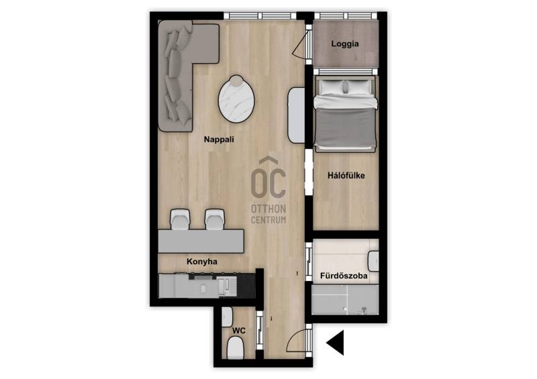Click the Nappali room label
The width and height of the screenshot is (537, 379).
tap(219, 140)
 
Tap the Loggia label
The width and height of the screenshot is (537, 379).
tap(345, 44)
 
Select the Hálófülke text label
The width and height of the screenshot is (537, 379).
tap(346, 176)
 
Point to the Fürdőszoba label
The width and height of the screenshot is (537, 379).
tap(344, 276)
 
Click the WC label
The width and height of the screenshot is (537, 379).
tap(239, 331)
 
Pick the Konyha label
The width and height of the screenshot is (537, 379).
tap(202, 262)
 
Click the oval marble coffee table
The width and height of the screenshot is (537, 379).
tap(236, 98)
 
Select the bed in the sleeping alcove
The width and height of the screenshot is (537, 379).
tap(346, 113)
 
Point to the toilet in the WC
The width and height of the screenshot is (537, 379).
tap(236, 347)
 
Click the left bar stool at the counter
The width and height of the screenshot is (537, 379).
tap(180, 219)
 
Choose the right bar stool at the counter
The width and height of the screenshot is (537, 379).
tap(214, 219)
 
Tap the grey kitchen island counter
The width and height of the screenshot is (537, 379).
tap(201, 241)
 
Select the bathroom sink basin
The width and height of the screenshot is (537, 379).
tap(373, 261)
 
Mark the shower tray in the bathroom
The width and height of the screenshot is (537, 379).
tap(345, 299)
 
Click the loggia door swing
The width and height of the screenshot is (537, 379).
tap(300, 44)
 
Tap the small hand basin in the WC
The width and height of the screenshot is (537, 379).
tap(227, 317)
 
